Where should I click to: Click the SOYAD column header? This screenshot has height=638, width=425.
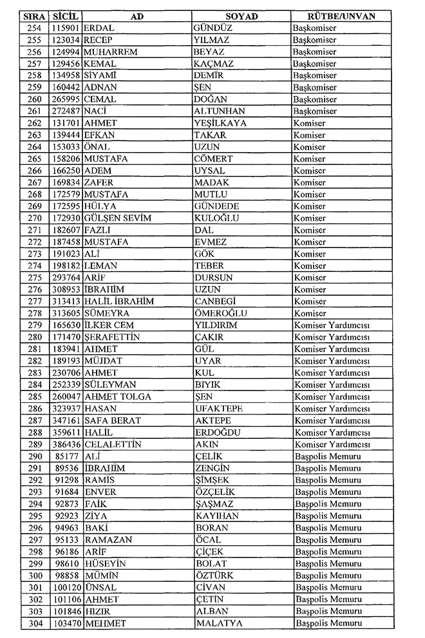click(x=241, y=16)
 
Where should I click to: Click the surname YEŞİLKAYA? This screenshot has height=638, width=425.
click(x=222, y=123)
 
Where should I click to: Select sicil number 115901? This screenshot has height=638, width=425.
click(x=66, y=28)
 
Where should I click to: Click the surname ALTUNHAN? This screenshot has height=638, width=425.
click(x=221, y=111)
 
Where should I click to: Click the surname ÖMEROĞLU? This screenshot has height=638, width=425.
click(x=220, y=313)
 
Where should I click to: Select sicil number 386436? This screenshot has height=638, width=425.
click(x=66, y=445)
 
